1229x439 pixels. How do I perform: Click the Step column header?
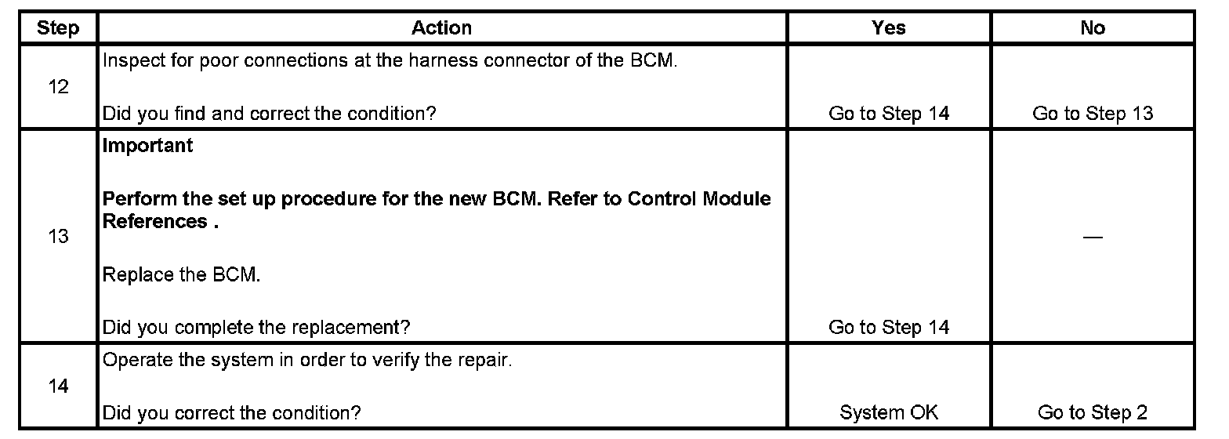coord(58,29)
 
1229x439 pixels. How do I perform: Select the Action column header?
coord(442,28)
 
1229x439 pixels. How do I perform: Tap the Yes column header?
coord(889,28)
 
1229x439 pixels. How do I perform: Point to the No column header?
coord(1093,28)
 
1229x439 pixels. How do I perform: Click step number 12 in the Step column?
coord(58,87)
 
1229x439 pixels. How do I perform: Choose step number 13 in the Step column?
coord(58,236)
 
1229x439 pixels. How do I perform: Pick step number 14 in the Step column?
coord(58,386)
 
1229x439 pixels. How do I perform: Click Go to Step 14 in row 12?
coord(889,114)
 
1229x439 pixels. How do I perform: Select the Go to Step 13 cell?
coord(1093,114)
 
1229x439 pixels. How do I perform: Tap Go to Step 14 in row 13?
coord(889,327)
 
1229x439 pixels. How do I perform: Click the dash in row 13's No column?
coord(1093,238)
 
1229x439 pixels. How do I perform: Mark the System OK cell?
coord(889,412)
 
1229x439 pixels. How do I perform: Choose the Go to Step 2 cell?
coord(1093,412)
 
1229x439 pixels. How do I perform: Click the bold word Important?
coord(148,146)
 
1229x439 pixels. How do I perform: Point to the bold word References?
coord(154,222)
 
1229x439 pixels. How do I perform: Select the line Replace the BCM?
coord(181,275)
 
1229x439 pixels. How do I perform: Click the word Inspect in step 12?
coord(129,61)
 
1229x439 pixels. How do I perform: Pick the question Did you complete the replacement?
coord(256,327)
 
